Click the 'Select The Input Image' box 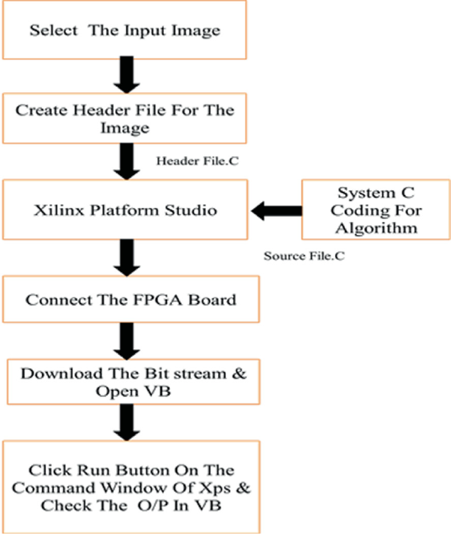124,30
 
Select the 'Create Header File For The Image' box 124,119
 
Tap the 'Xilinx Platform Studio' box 124,210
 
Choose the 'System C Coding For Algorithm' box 376,210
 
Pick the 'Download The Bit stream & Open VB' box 134,382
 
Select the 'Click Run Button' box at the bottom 130,488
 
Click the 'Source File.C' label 304,255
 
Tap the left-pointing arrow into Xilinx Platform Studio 275,211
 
